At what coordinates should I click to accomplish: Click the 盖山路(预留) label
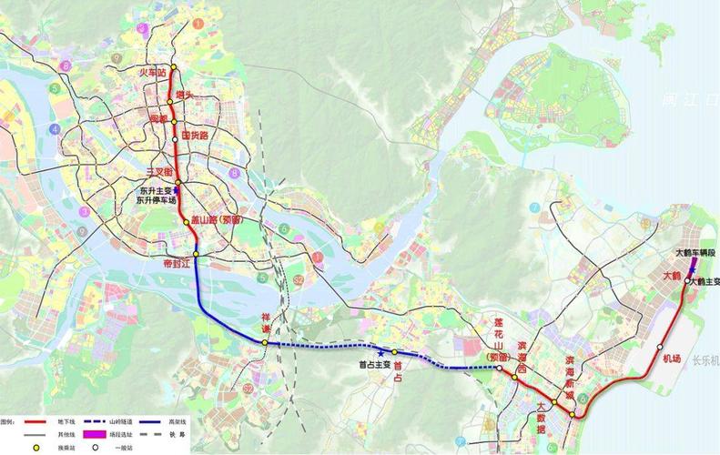(216, 220)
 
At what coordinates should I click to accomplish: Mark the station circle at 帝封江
(196, 253)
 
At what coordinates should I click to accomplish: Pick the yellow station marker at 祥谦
(265, 342)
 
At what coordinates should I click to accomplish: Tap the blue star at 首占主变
(380, 351)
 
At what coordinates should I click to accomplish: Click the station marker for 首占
(395, 351)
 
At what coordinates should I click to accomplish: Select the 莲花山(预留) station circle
(499, 368)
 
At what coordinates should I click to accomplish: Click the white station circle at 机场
(659, 347)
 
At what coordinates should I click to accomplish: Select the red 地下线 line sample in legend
(35, 423)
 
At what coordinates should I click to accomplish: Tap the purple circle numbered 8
(234, 172)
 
